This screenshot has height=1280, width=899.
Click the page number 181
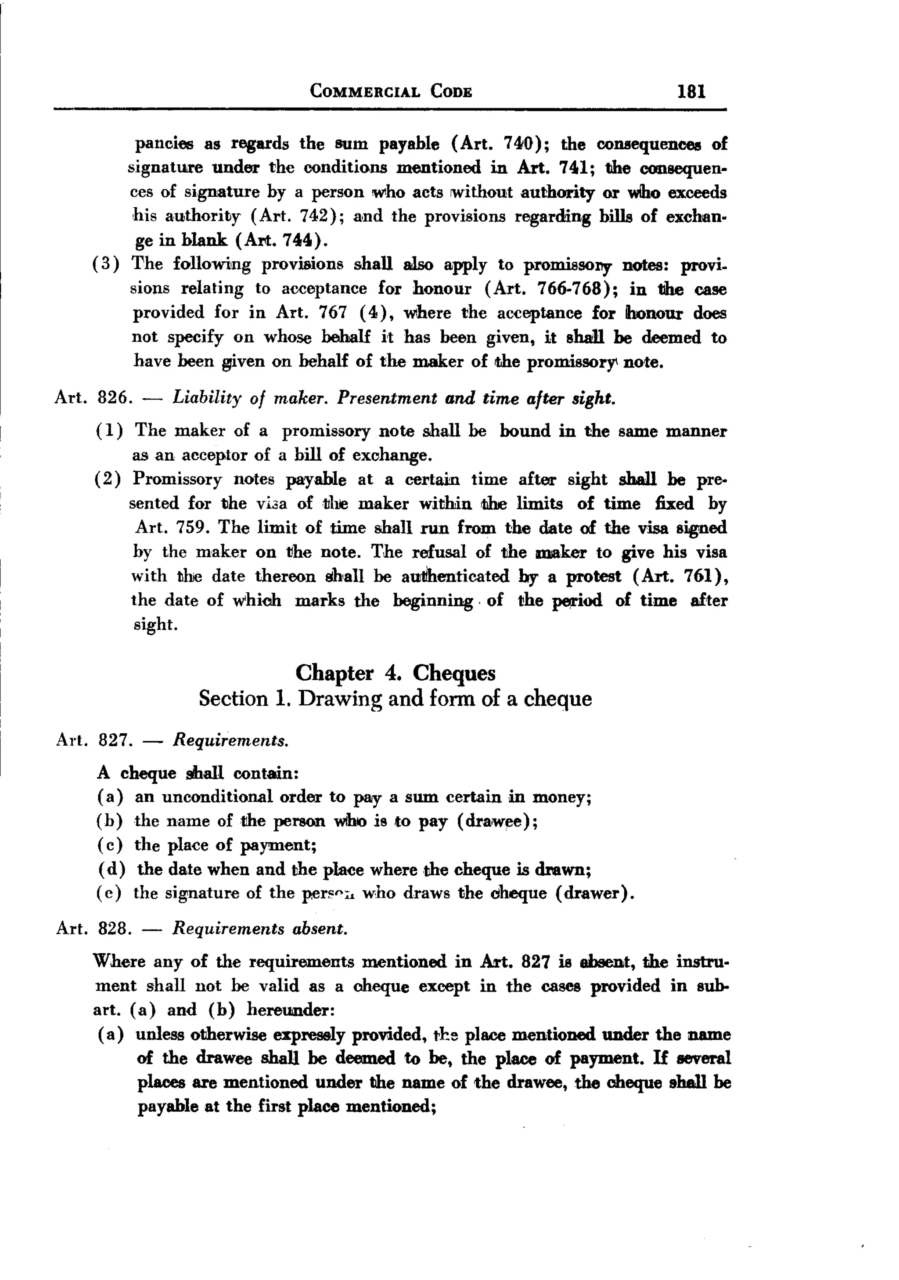(691, 91)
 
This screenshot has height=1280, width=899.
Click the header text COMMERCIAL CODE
(391, 91)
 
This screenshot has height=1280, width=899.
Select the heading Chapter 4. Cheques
(395, 673)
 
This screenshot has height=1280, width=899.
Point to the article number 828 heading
(114, 929)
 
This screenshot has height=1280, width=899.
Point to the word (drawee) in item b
(496, 821)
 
